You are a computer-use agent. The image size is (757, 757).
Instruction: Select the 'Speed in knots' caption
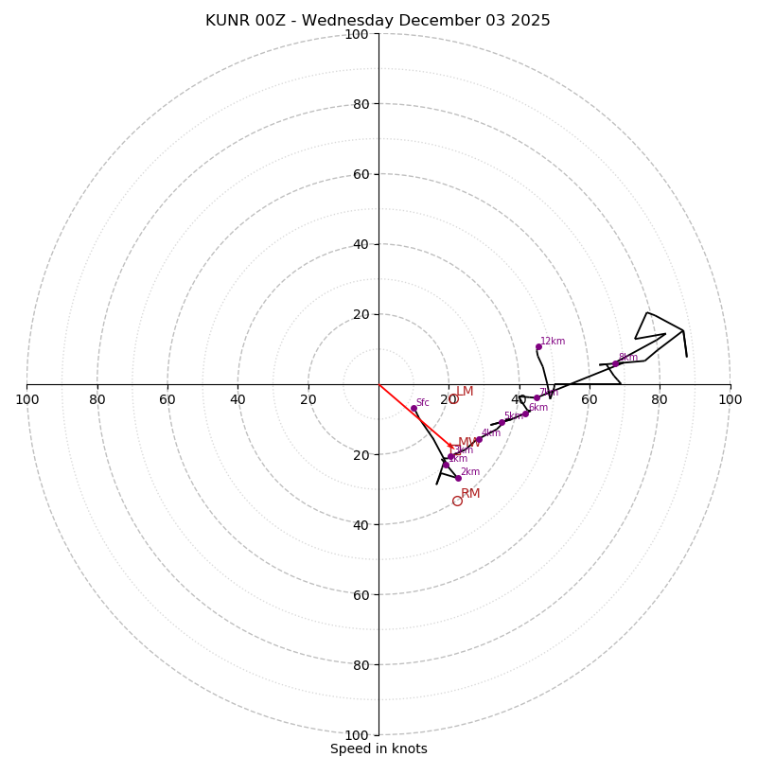[378, 748]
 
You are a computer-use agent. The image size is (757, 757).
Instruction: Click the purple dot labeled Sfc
[414, 409]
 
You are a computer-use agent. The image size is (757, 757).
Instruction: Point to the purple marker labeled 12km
[538, 346]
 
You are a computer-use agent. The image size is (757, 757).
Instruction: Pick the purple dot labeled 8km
[615, 363]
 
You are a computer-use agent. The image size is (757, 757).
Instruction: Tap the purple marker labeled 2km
[458, 478]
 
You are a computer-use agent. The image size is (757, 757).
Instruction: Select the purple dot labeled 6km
[525, 414]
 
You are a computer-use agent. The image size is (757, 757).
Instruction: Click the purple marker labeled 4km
[478, 439]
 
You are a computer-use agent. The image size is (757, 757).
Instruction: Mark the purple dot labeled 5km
[502, 422]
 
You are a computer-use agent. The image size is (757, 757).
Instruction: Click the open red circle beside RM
[457, 501]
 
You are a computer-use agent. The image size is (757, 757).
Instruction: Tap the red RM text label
[470, 493]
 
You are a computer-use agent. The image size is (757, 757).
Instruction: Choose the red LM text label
[465, 391]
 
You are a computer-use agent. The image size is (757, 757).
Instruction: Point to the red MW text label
[468, 442]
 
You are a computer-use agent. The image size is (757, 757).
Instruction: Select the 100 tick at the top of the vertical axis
[357, 34]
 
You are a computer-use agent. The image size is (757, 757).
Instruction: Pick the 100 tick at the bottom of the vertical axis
[357, 734]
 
